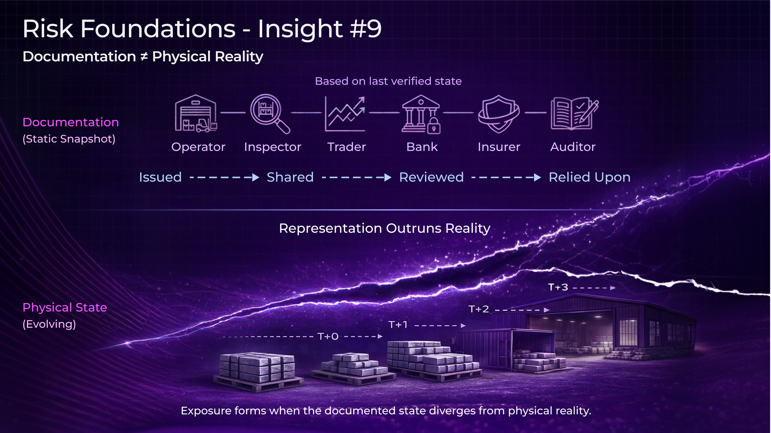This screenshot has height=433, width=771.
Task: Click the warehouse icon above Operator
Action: tap(196, 114)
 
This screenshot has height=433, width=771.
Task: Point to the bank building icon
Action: tap(421, 114)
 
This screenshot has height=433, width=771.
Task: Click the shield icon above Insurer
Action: tap(499, 114)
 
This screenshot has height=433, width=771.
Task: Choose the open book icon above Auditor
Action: tap(574, 114)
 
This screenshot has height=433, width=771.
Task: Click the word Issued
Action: tap(160, 177)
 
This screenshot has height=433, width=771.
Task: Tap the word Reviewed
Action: tap(431, 177)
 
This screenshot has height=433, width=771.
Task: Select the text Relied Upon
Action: tap(590, 177)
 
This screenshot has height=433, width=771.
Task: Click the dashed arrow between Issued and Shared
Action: tap(224, 177)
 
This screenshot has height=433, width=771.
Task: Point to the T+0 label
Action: tap(328, 336)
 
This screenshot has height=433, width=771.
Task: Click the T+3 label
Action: tap(558, 287)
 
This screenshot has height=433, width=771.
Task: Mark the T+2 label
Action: tap(479, 309)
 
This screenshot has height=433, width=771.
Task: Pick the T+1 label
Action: tap(398, 325)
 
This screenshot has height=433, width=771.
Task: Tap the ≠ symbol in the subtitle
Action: tap(144, 57)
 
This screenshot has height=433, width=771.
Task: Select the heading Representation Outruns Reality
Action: tap(385, 228)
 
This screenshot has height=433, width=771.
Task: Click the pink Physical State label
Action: tap(65, 307)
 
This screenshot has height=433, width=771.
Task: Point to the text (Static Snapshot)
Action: tap(69, 139)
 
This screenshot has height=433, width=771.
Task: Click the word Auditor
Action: tap(573, 147)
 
